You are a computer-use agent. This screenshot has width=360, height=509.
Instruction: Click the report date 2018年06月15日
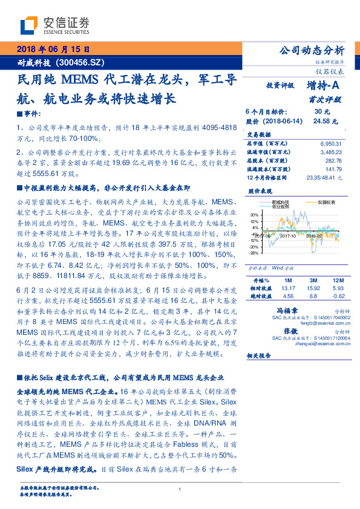53,50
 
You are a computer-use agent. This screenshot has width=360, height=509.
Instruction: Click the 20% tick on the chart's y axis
255,213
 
